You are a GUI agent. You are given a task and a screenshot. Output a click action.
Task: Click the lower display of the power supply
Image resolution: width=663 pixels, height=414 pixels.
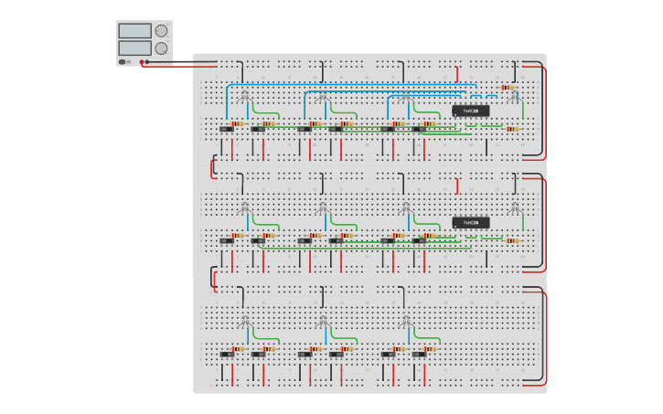[134, 48]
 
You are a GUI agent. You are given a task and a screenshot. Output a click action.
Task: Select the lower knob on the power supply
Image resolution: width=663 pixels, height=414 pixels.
[162, 48]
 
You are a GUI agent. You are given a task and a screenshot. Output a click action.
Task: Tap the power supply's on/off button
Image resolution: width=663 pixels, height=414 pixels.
[123, 61]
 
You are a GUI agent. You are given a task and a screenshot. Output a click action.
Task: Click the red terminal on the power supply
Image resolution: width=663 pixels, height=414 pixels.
[142, 61]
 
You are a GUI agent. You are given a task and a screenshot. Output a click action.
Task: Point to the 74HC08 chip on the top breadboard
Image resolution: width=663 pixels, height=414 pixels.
[470, 111]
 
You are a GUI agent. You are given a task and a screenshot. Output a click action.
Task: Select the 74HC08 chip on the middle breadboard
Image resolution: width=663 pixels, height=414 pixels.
[470, 222]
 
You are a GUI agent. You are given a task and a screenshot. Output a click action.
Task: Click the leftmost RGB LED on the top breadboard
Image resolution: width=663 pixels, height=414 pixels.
[243, 96]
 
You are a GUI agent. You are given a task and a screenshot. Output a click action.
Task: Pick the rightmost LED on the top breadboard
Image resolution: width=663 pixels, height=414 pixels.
[514, 96]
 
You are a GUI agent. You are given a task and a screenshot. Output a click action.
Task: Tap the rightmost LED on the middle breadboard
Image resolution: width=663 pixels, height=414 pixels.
[514, 207]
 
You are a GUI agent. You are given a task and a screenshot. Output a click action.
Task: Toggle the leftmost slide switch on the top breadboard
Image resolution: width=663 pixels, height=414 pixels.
[226, 130]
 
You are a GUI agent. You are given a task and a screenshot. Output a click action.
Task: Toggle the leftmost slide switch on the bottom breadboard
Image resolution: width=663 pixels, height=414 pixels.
[226, 354]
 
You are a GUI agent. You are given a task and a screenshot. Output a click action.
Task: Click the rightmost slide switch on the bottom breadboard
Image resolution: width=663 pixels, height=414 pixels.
[419, 354]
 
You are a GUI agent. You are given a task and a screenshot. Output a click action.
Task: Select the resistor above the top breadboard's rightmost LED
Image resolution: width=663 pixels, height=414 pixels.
[508, 87]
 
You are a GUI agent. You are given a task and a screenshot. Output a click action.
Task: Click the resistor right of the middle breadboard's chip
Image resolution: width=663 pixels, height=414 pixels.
[512, 241]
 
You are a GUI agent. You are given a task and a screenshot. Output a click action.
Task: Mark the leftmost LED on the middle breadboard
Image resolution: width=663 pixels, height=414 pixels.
[243, 207]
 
